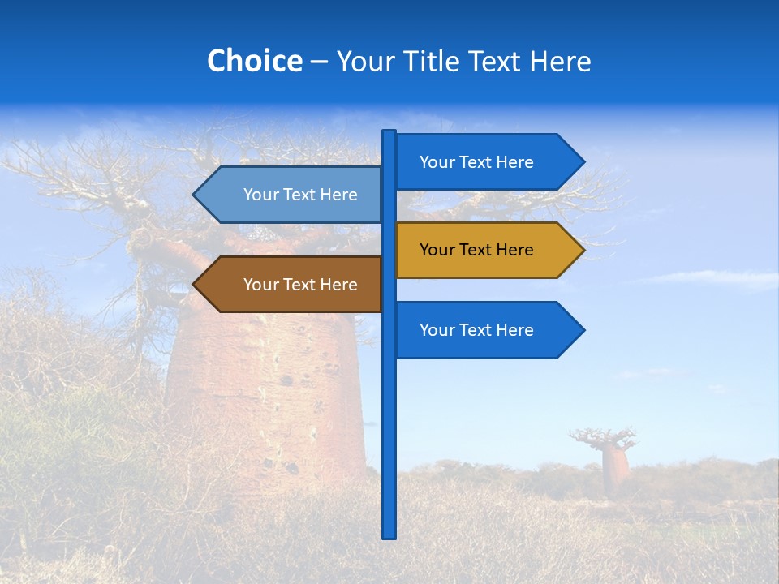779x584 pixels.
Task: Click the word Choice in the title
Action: (x=254, y=61)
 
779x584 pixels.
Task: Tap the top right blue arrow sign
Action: (x=479, y=162)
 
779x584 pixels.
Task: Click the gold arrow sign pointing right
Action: (x=479, y=250)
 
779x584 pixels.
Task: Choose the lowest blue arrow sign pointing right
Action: (x=479, y=330)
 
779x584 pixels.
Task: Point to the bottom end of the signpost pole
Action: (x=389, y=535)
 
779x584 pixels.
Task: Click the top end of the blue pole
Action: (x=389, y=133)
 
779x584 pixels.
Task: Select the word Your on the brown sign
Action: (x=260, y=285)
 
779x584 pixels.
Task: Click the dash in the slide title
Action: (x=319, y=62)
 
